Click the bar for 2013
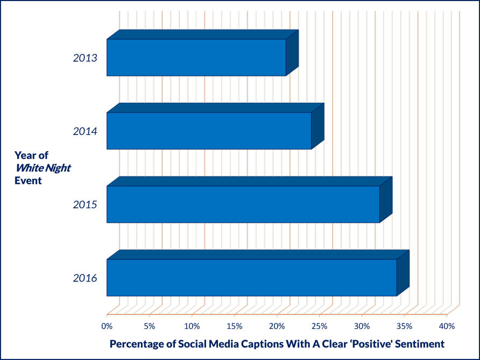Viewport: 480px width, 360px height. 202,53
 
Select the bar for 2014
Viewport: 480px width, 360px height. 215,126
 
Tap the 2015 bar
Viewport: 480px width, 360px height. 249,200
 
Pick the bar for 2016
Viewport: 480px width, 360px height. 258,273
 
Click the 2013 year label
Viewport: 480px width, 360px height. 85,58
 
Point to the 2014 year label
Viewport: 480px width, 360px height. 85,131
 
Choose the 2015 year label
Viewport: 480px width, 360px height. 85,204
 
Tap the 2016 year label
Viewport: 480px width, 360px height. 85,278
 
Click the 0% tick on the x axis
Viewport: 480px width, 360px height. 107,326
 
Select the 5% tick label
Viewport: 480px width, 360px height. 150,326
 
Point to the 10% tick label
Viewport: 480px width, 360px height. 192,326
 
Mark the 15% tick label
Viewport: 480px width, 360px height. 235,326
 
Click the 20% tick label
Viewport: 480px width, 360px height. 277,326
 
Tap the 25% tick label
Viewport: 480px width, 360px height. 320,326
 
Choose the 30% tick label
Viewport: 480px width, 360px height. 362,326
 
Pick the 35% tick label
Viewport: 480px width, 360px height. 405,326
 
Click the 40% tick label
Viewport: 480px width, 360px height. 447,326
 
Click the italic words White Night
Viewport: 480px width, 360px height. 43,168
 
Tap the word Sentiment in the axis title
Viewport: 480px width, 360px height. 420,344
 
